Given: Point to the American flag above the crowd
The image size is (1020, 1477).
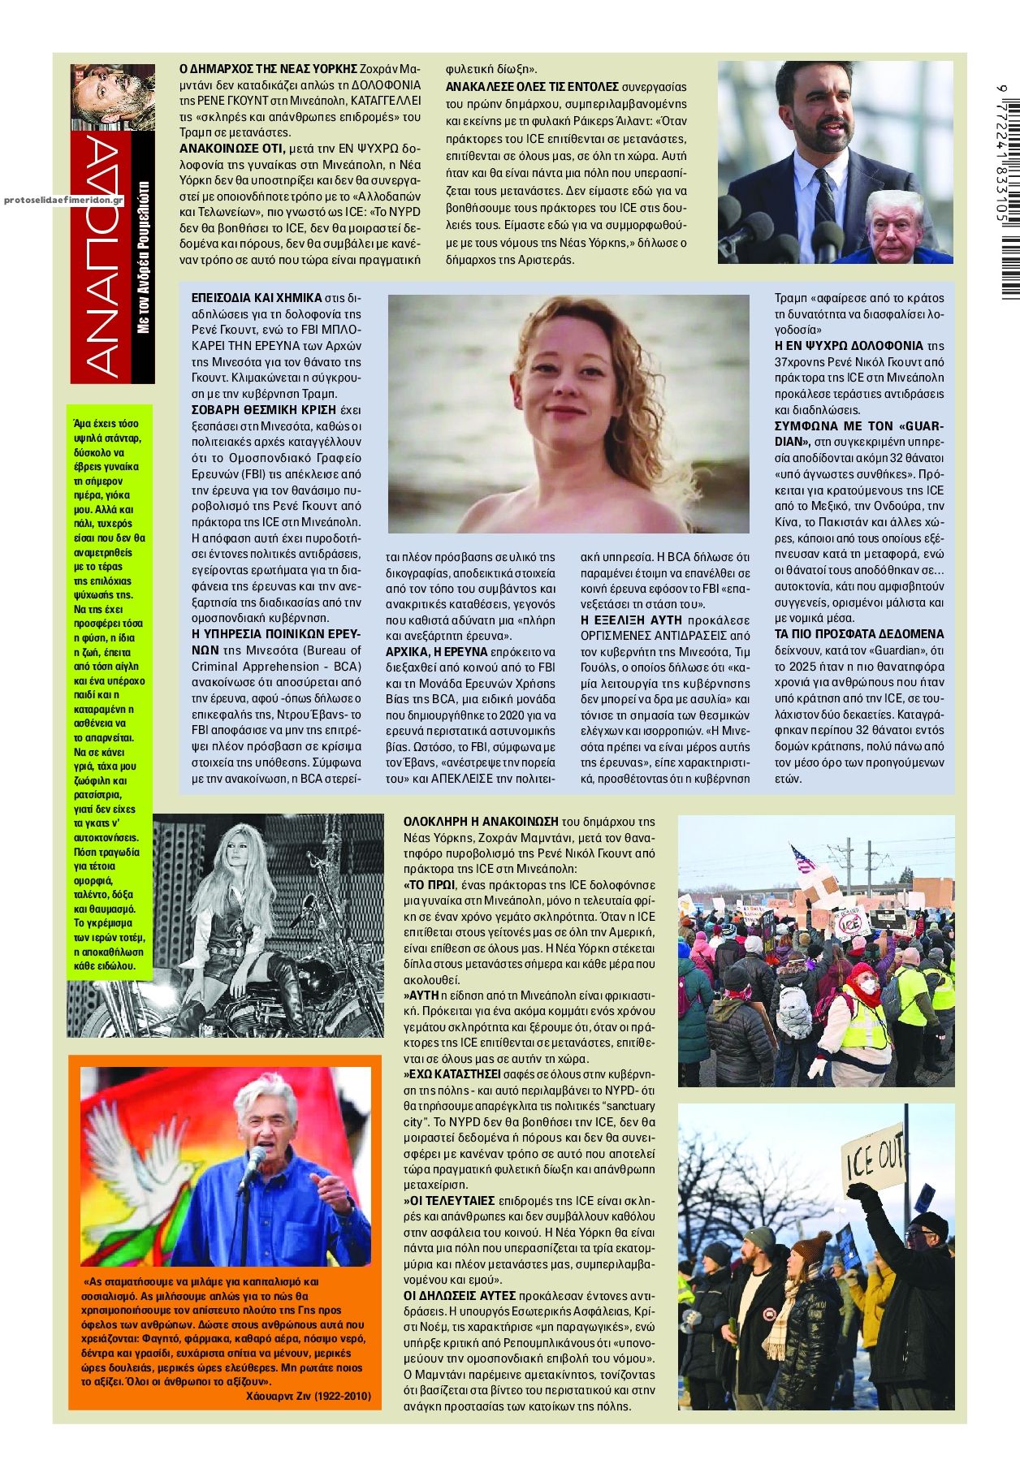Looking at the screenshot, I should [803, 858].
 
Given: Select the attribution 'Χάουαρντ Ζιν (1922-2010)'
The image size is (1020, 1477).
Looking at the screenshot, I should [308, 1395].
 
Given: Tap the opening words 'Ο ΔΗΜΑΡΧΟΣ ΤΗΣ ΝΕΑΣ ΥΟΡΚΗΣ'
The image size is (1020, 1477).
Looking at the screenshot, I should [268, 68].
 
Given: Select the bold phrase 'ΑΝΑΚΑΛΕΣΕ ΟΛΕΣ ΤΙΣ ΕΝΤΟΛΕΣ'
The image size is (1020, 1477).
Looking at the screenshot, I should [532, 87].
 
